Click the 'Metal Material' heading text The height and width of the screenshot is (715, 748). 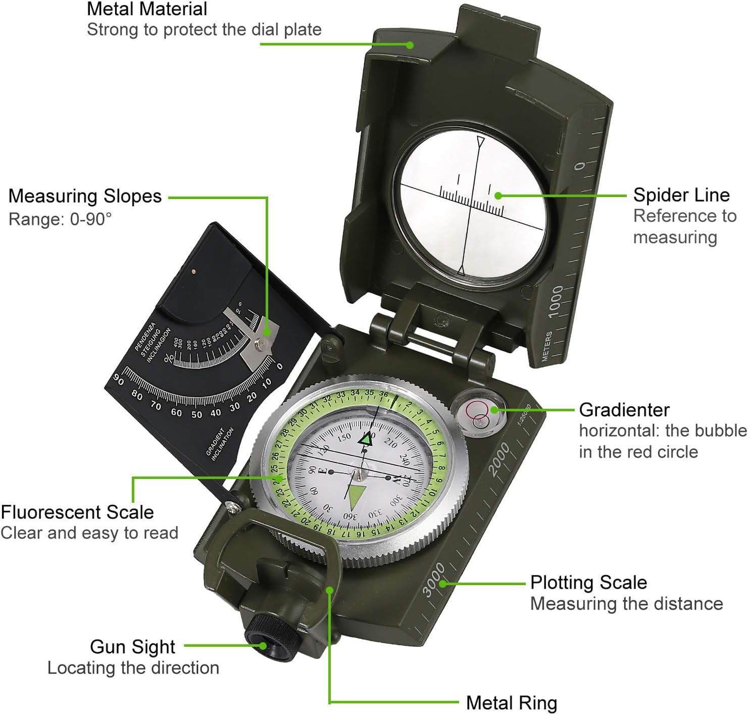(147, 9)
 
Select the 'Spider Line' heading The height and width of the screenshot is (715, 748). (681, 195)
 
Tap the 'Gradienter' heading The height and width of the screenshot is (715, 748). (624, 409)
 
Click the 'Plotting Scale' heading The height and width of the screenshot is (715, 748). (588, 582)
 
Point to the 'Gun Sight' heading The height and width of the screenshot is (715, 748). (132, 646)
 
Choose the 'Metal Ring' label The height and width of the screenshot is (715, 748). (511, 702)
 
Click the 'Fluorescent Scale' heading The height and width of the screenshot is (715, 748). (77, 512)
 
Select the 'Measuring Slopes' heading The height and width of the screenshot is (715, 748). (85, 196)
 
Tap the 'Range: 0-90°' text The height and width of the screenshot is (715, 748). (60, 219)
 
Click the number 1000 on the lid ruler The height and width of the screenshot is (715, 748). (555, 301)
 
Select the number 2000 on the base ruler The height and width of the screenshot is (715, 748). (499, 458)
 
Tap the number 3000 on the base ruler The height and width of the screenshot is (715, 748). (433, 579)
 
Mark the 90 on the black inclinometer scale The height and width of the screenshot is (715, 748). (118, 379)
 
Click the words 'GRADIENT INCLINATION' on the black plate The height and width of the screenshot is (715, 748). (219, 443)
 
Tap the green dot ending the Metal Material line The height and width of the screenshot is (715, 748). (410, 45)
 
